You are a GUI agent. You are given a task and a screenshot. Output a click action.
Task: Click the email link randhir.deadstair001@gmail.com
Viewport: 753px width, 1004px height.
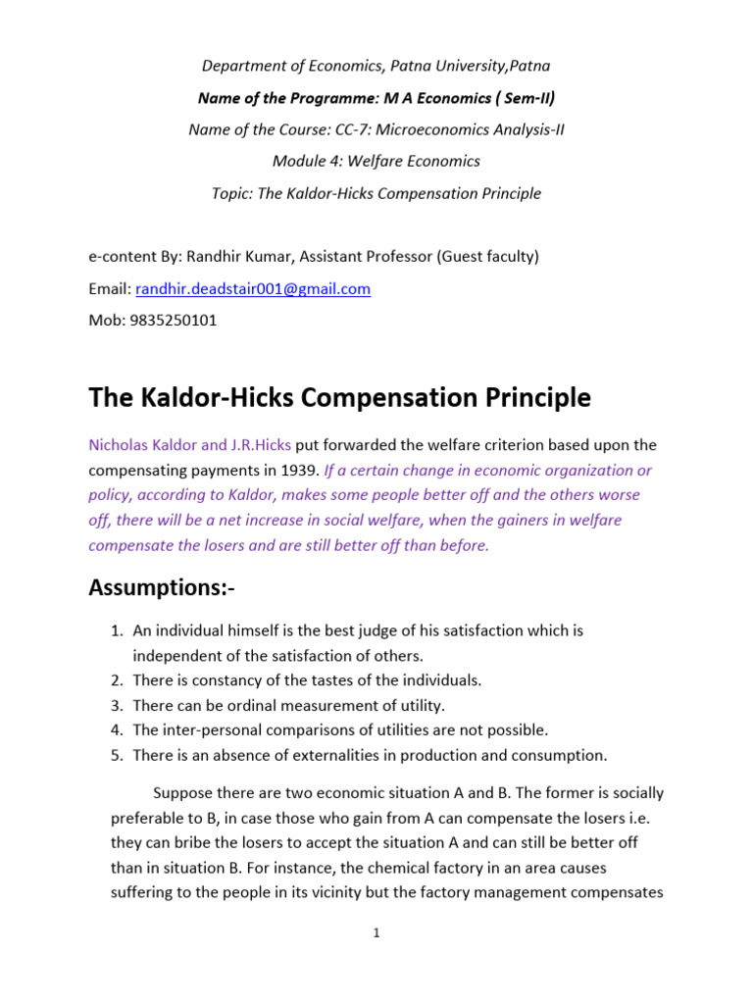(x=253, y=288)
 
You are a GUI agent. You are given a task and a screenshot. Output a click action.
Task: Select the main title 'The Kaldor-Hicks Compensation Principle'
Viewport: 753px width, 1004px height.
(x=339, y=397)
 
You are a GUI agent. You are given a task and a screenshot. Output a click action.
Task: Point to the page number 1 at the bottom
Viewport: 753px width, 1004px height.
(x=376, y=933)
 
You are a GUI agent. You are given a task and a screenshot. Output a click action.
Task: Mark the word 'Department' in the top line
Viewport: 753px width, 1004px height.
(x=244, y=66)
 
